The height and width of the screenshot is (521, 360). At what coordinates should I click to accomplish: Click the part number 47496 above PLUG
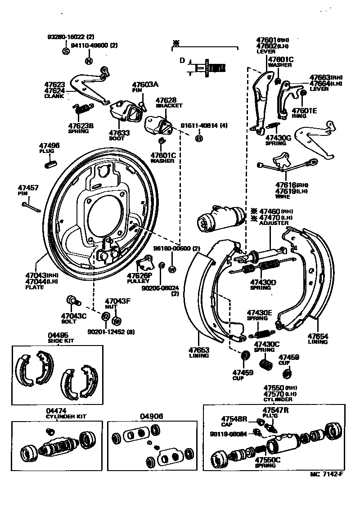49,146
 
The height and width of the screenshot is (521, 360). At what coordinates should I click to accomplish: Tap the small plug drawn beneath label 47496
50,163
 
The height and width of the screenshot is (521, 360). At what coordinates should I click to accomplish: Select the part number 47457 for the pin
28,188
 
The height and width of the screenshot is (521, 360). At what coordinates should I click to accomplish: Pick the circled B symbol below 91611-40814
198,139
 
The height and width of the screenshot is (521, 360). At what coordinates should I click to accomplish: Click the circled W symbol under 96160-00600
171,269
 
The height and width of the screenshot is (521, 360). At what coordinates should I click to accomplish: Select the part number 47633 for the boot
119,133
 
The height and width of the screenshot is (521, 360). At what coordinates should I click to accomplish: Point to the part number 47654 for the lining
318,336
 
